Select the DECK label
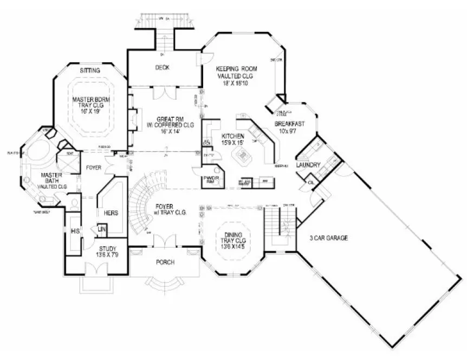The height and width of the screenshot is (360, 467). pos(162,67)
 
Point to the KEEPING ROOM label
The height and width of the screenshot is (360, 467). pos(236,69)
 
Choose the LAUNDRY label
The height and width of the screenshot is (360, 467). pos(309,165)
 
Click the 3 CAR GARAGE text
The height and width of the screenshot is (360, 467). pos(328,238)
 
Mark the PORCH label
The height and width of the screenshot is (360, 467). pos(165,262)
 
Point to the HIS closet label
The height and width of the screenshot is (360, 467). pos(75,231)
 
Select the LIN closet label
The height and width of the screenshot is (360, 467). pos(101,230)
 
